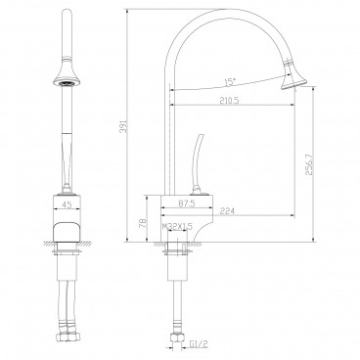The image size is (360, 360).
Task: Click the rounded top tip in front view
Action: tap(67, 12)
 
